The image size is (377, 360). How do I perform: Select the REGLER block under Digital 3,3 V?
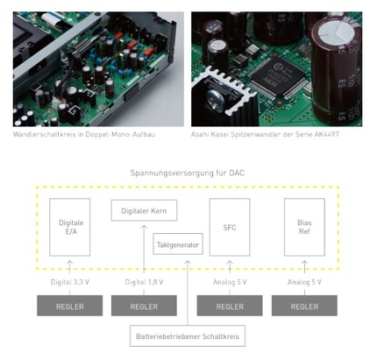pyautogui.click(x=69, y=306)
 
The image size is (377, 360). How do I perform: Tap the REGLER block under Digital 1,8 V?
pyautogui.click(x=144, y=306)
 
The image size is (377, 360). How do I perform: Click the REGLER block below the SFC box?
pyautogui.click(x=230, y=306)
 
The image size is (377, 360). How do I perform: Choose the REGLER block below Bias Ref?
pyautogui.click(x=304, y=306)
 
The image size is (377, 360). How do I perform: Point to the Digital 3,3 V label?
pyautogui.click(x=70, y=282)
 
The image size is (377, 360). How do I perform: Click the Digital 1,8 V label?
pyautogui.click(x=144, y=282)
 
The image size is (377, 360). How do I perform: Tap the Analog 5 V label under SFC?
pyautogui.click(x=230, y=282)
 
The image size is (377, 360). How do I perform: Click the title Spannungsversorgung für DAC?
pyautogui.click(x=188, y=173)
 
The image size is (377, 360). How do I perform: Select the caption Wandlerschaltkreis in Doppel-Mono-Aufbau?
pyautogui.click(x=84, y=134)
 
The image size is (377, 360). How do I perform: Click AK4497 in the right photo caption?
pyautogui.click(x=327, y=134)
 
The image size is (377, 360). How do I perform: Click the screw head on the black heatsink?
pyautogui.click(x=216, y=100)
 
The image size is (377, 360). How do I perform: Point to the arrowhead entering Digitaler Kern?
pyautogui.click(x=144, y=227)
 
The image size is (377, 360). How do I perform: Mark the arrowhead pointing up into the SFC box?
pyautogui.click(x=230, y=263)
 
